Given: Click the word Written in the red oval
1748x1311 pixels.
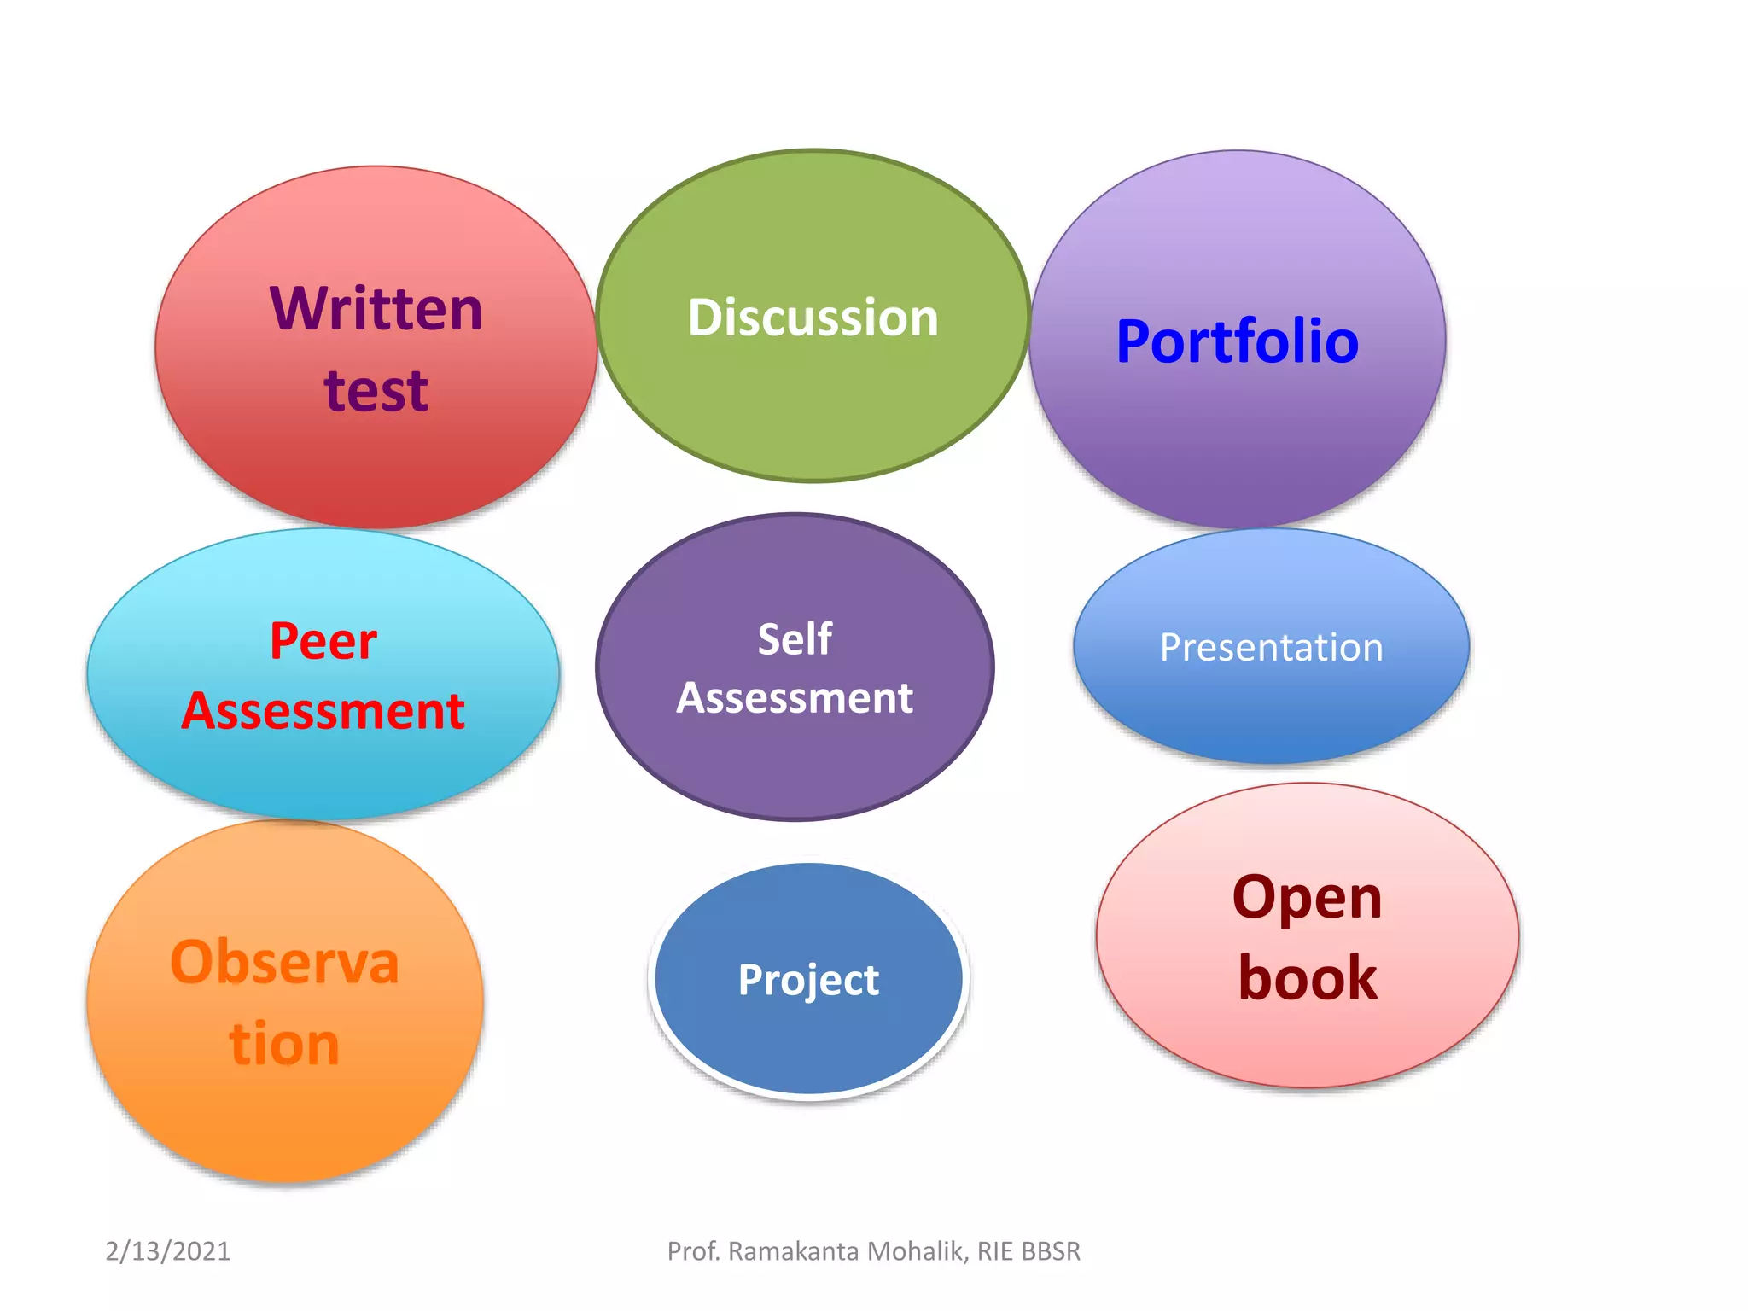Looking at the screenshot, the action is pyautogui.click(x=376, y=309).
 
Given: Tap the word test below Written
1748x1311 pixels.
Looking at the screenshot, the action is pyautogui.click(x=376, y=391).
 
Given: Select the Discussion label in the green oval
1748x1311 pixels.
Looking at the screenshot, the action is pyautogui.click(x=813, y=318).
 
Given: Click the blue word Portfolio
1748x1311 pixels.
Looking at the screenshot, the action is pyautogui.click(x=1237, y=341).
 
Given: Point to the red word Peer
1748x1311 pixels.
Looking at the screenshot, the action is pyautogui.click(x=323, y=641).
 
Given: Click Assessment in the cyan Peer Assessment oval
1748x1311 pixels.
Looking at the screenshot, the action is pyautogui.click(x=323, y=711).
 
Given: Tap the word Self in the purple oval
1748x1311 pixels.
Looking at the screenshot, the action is pyautogui.click(x=795, y=638).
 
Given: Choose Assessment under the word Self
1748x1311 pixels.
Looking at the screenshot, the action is pyautogui.click(x=795, y=698).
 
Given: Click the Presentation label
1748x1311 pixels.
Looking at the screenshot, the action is pyautogui.click(x=1271, y=648).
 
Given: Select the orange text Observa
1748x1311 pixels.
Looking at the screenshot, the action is pyautogui.click(x=284, y=963).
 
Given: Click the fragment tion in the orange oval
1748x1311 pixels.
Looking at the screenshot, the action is pyautogui.click(x=284, y=1044).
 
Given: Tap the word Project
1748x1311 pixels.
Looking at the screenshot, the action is pyautogui.click(x=808, y=980).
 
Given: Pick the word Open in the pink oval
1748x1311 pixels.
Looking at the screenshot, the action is pyautogui.click(x=1307, y=898).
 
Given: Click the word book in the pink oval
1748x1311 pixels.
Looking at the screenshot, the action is pyautogui.click(x=1307, y=978).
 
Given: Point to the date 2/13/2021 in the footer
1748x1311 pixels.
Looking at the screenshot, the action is pyautogui.click(x=167, y=1251).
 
